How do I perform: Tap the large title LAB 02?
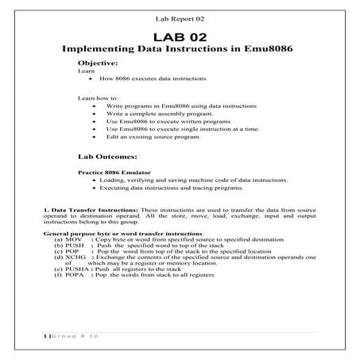point(180,38)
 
